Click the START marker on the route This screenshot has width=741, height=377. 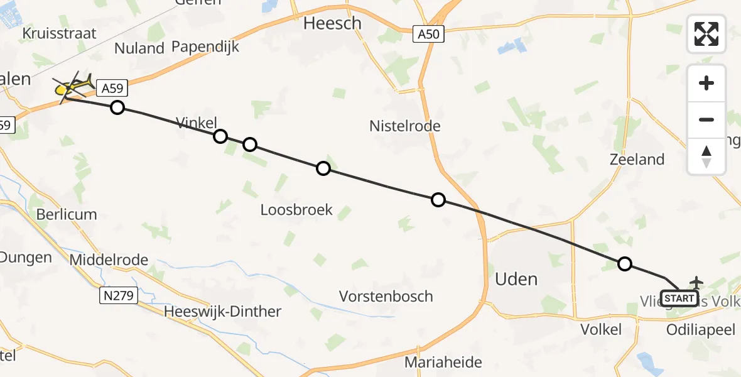pyautogui.click(x=679, y=298)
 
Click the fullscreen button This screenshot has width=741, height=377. pyautogui.click(x=706, y=34)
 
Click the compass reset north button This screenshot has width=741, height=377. pyautogui.click(x=706, y=156)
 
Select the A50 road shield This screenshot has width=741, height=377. pyautogui.click(x=429, y=35)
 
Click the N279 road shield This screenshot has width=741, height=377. pyautogui.click(x=118, y=295)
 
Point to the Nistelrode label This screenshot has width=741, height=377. pyautogui.click(x=405, y=126)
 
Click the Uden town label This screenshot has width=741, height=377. pyautogui.click(x=516, y=279)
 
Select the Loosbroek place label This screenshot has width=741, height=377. pyautogui.click(x=296, y=210)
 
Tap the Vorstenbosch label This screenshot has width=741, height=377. pyautogui.click(x=386, y=296)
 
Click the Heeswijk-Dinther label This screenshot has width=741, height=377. pyautogui.click(x=222, y=312)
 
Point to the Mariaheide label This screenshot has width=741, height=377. pyautogui.click(x=443, y=363)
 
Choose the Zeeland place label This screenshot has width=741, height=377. pyautogui.click(x=637, y=160)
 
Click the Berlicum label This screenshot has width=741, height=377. pyautogui.click(x=66, y=214)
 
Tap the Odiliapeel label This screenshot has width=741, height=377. pyautogui.click(x=701, y=330)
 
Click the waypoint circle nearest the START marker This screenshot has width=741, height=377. pyautogui.click(x=624, y=264)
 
